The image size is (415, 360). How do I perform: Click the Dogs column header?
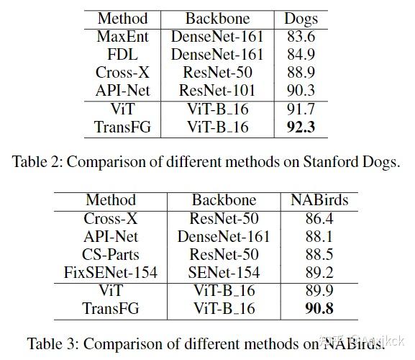point(301,18)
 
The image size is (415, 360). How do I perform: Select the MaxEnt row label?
point(122,36)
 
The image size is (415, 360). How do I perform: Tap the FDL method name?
point(122,55)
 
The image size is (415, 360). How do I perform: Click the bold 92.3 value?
point(301,127)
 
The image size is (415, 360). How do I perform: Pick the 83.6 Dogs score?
point(301,36)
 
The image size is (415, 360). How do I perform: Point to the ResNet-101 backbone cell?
point(217,91)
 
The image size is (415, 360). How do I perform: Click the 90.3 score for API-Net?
point(301,91)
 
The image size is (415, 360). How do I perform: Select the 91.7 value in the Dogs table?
point(301,109)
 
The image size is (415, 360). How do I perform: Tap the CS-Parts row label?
point(111,255)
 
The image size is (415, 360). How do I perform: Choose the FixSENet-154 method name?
point(111,274)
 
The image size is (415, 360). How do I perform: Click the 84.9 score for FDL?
point(301,55)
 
